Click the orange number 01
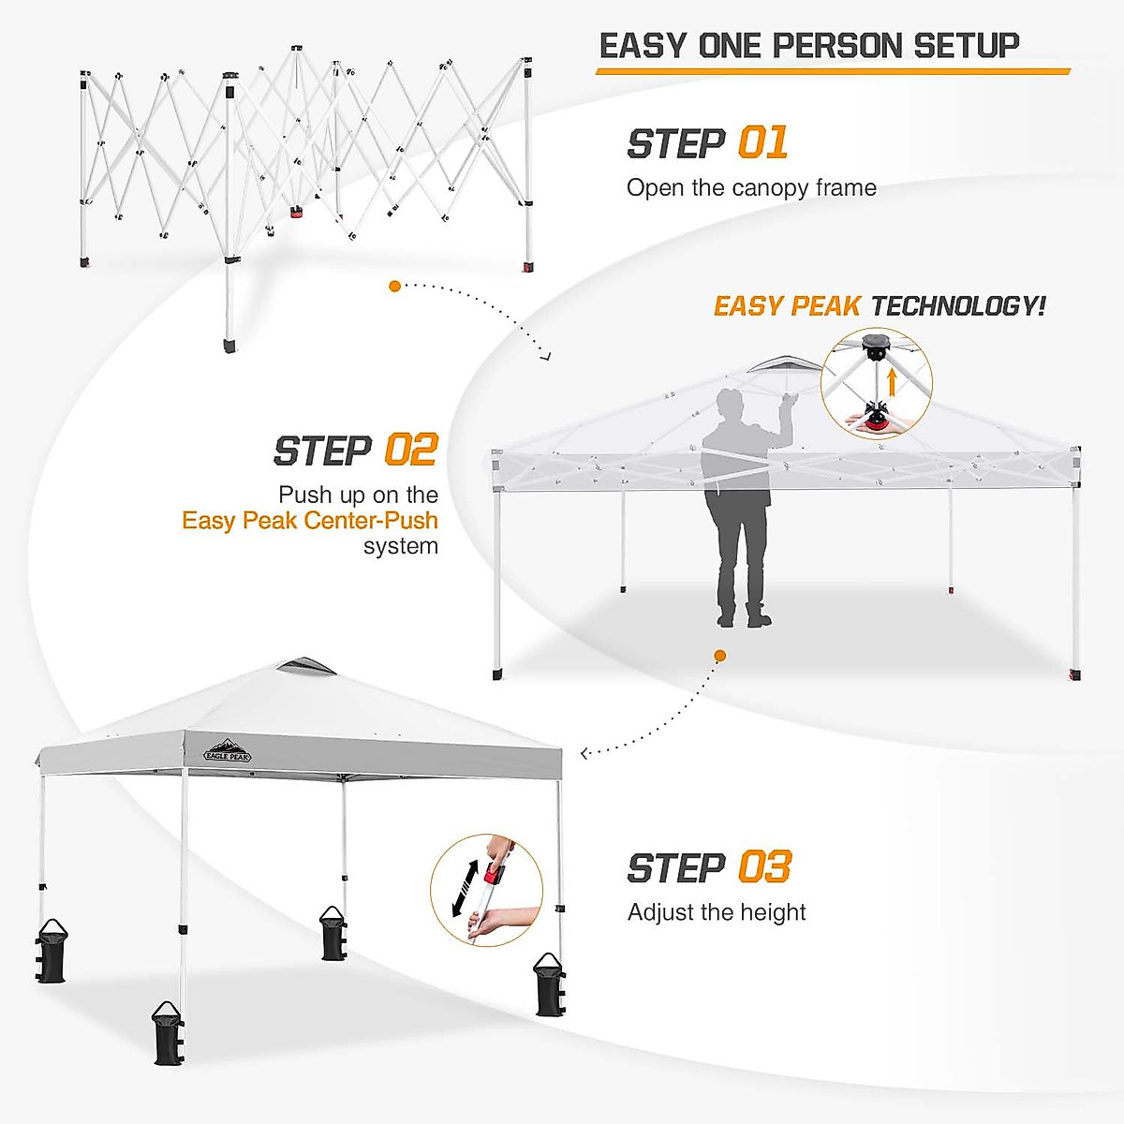[762, 143]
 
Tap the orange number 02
[411, 451]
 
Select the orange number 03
[764, 867]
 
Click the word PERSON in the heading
[839, 46]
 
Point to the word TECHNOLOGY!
[957, 306]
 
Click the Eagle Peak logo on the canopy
[228, 752]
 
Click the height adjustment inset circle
[487, 890]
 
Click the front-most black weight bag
[168, 1033]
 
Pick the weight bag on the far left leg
[51, 952]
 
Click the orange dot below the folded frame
[395, 286]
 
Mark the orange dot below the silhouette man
[719, 656]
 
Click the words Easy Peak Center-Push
[310, 521]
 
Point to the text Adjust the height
[717, 912]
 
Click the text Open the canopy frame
[751, 188]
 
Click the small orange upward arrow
[893, 381]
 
